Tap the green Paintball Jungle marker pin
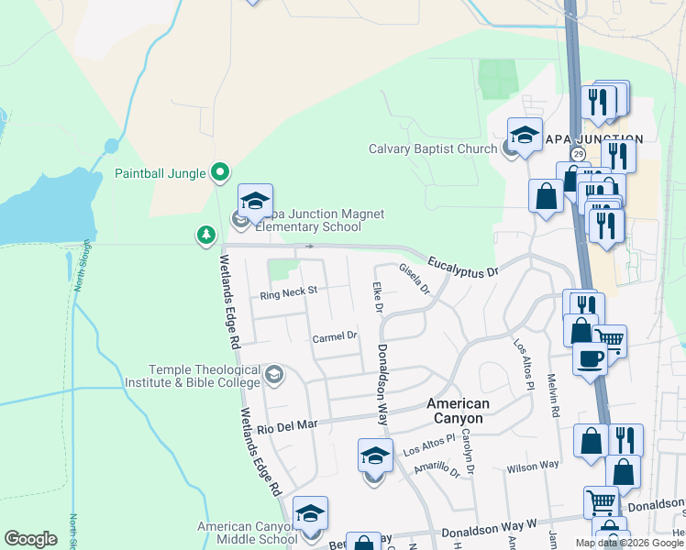(219, 171)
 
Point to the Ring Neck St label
(288, 294)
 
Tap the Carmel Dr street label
(334, 336)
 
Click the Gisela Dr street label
(414, 279)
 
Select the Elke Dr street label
(376, 297)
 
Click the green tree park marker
(206, 236)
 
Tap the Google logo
(30, 539)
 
